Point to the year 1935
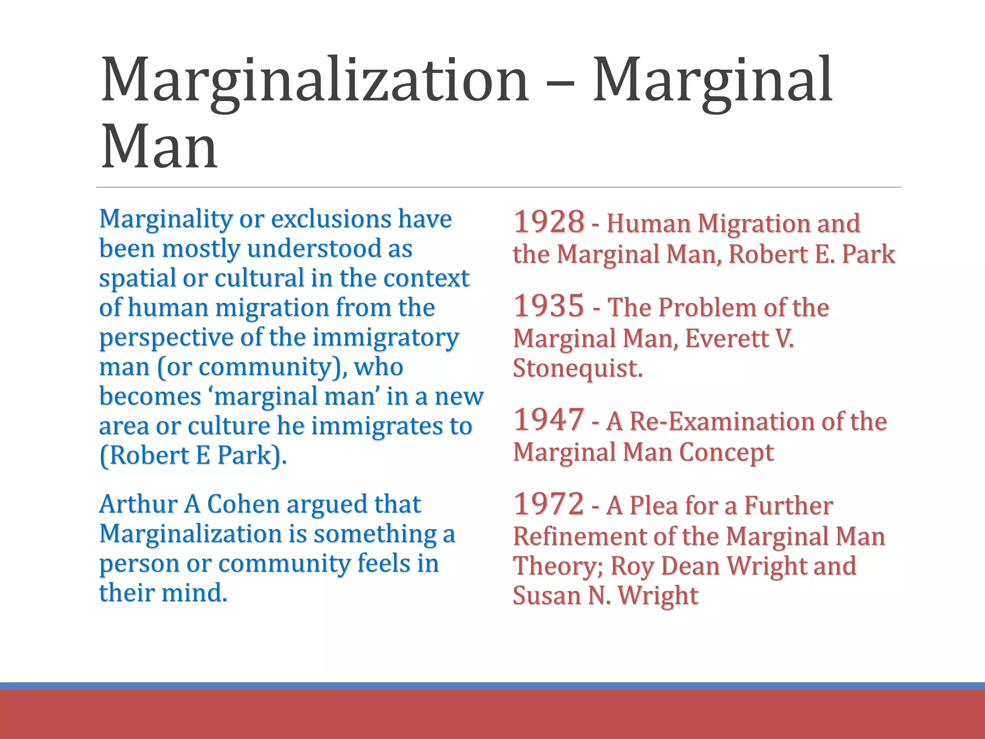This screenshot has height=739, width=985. tap(549, 306)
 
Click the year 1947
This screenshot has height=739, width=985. tap(549, 420)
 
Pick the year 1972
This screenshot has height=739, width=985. tap(549, 504)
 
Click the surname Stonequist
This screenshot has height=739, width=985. tap(577, 368)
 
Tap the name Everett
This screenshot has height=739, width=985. tap(726, 338)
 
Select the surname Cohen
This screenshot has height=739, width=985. tap(243, 504)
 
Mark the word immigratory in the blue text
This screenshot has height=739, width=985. tap(386, 337)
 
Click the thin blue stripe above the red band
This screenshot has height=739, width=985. tap(492, 686)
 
